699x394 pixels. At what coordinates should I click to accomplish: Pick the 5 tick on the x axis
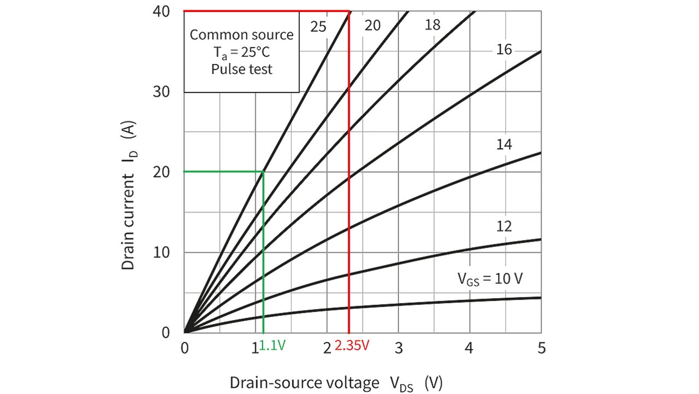point(541,348)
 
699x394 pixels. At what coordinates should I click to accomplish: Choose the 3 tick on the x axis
point(399,348)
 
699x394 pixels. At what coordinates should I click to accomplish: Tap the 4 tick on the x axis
point(470,348)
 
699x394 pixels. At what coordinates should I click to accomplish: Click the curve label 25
point(318,26)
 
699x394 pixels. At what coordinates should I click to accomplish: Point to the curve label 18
point(433,25)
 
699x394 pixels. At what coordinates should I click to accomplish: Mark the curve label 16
point(503,50)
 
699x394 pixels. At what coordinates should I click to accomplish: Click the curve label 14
point(503,145)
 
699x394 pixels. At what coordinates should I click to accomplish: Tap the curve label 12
point(503,226)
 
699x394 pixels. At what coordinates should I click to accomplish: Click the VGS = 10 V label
point(490,278)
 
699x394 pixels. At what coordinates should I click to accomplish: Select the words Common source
point(241,35)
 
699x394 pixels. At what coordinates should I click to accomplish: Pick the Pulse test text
point(241,69)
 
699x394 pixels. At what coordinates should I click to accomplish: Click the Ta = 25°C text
point(241,52)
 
